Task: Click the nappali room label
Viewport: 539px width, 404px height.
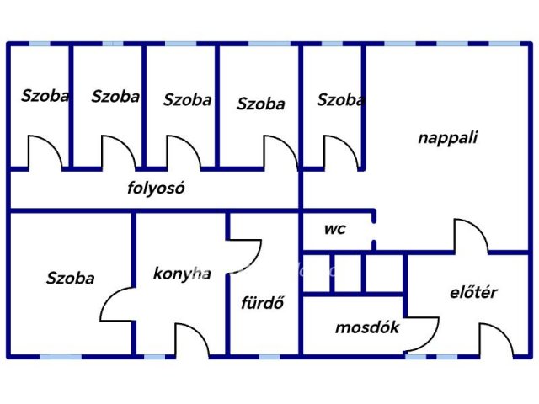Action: point(447,138)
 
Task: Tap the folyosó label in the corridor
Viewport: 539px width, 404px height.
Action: point(156,188)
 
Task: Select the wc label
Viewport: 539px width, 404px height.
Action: point(335,229)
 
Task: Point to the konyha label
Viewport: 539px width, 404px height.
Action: point(182,274)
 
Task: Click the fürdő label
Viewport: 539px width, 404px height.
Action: point(263,302)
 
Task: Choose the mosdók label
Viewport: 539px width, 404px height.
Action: point(367,327)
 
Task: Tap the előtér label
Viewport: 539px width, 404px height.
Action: point(473,292)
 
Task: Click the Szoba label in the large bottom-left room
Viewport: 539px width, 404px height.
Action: point(71,278)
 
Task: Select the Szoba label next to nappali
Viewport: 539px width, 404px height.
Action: point(340,99)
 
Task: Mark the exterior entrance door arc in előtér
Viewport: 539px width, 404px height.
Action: point(504,332)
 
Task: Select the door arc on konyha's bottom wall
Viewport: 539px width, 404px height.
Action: point(200,332)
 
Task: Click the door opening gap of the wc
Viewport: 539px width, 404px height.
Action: point(374,232)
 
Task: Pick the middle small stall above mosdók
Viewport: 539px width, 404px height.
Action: point(348,274)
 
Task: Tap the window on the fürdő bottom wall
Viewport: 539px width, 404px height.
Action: point(269,357)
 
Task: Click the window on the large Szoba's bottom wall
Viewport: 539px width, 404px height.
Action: point(61,357)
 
